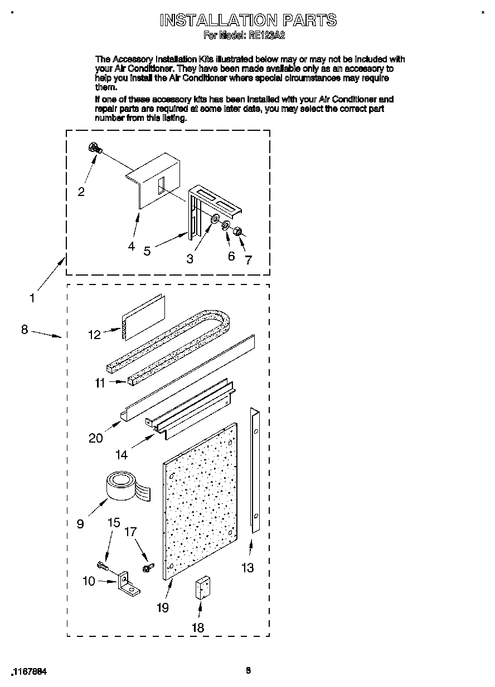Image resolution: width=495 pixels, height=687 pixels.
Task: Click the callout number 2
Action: coord(81,192)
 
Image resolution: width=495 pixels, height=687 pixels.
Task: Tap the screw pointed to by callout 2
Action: coord(94,148)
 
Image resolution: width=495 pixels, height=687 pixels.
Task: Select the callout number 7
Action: coord(249,260)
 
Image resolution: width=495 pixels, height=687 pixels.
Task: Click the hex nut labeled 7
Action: coord(236,230)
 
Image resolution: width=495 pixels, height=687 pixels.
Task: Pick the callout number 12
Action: coord(95,335)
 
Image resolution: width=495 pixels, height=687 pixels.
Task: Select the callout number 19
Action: coord(162,607)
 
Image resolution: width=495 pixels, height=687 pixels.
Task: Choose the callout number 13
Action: coord(247,567)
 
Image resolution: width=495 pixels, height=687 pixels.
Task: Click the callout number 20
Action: coord(96,438)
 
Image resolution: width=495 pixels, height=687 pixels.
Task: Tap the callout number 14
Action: coord(122,455)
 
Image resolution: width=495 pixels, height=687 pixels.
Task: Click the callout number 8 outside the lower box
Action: coord(25,330)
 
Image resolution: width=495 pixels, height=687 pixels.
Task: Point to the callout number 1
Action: coord(32,298)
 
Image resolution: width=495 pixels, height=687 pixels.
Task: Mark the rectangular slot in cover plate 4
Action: coord(161,185)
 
